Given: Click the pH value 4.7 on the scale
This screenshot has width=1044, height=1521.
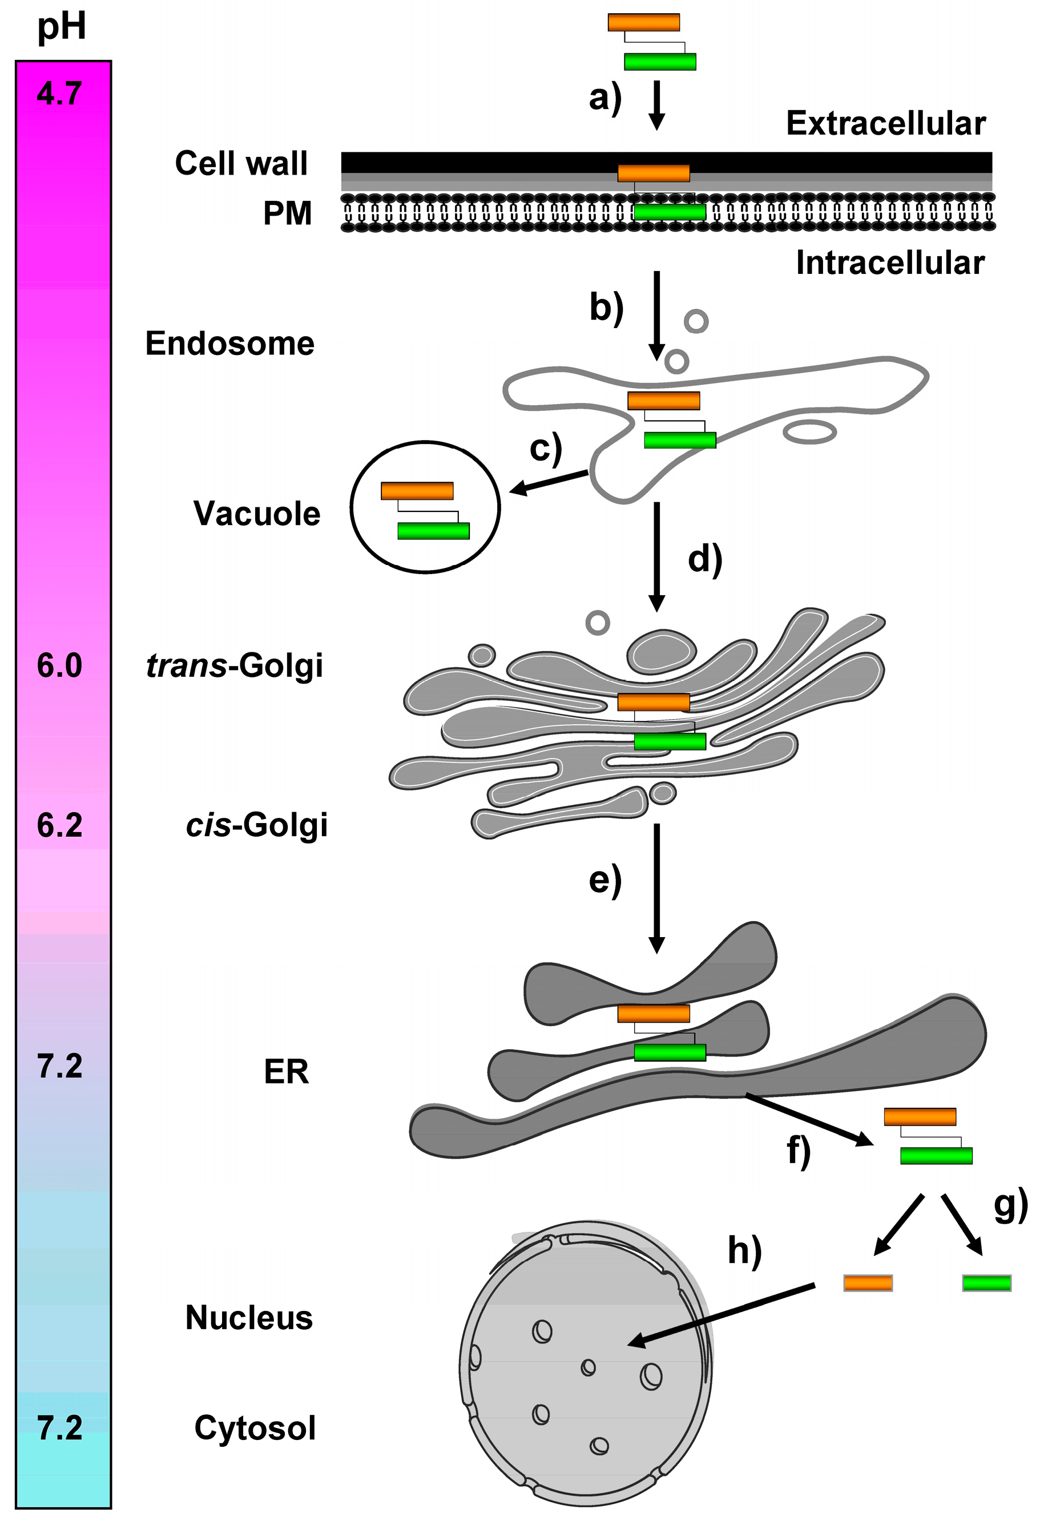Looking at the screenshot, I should [59, 94].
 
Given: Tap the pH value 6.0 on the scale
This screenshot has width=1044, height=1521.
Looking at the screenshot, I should [59, 666].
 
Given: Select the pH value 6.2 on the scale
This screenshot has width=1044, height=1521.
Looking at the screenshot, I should [59, 826].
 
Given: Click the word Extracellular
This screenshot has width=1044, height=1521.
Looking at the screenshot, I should [885, 124].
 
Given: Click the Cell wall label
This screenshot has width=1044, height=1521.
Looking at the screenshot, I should [241, 163].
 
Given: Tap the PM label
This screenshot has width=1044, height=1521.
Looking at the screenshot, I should [287, 213].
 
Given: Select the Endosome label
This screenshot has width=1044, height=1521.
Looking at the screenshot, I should [229, 344].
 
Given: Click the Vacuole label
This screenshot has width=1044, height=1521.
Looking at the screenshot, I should [257, 514].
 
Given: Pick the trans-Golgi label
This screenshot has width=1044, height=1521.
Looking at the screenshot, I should [235, 666].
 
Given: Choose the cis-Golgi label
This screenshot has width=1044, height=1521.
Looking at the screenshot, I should [257, 825].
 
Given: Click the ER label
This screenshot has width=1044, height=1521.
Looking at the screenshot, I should [286, 1072].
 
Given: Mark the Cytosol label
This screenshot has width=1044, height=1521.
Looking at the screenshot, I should [255, 1428].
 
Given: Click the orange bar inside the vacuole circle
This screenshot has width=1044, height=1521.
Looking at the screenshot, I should [417, 491].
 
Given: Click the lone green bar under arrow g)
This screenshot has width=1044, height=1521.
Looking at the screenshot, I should [986, 1283].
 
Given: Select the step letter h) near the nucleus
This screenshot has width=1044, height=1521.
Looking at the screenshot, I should [745, 1250].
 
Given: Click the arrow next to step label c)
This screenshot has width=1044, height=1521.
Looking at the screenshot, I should [549, 482].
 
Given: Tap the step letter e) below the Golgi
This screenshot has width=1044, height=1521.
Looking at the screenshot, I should [605, 880].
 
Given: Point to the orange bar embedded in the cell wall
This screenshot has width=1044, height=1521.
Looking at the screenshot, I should [653, 174].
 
